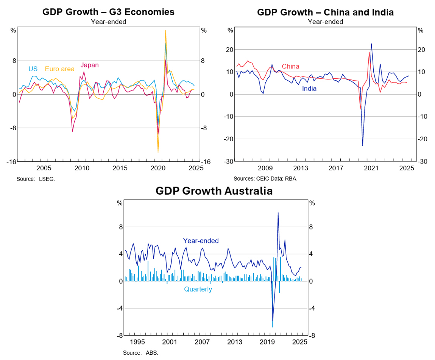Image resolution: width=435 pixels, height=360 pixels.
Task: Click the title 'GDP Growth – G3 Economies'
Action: click(108, 12)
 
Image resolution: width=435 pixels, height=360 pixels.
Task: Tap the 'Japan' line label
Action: click(89, 65)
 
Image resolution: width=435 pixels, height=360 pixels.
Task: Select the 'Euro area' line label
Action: click(59, 69)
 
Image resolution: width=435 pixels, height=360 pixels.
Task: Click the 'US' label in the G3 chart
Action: click(33, 69)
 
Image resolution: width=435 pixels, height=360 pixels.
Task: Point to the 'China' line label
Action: click(290, 67)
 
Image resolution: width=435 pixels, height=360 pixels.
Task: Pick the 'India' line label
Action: click(309, 89)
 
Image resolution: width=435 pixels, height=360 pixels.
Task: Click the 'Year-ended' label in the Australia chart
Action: click(201, 241)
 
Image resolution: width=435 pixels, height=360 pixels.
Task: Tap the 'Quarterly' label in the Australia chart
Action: click(198, 289)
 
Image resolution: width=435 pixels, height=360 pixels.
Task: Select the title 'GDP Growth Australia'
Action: click(214, 191)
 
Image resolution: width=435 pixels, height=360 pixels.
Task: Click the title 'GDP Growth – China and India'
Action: click(325, 12)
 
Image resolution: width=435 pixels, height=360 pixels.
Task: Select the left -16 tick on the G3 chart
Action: click(11, 162)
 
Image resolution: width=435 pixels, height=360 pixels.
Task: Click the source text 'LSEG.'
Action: click(47, 179)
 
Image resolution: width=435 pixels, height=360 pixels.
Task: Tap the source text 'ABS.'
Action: click(152, 353)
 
